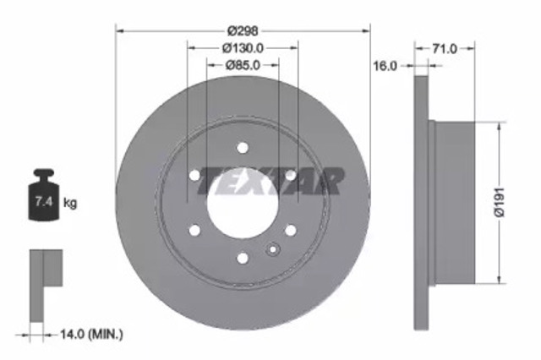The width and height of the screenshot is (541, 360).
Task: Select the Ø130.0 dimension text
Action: [x=243, y=48]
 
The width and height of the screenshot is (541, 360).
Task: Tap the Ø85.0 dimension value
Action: [x=243, y=64]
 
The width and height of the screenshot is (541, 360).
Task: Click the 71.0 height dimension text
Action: [x=443, y=49]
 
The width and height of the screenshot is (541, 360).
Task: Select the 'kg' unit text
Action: [x=70, y=203]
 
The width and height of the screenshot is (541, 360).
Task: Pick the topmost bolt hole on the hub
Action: [x=243, y=147]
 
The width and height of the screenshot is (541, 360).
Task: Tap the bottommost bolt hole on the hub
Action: [x=243, y=258]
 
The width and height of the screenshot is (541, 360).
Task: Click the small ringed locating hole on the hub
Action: [x=272, y=249]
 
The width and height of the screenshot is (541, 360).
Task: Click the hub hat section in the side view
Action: [x=462, y=202]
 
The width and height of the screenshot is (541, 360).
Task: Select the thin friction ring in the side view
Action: [x=422, y=202]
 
